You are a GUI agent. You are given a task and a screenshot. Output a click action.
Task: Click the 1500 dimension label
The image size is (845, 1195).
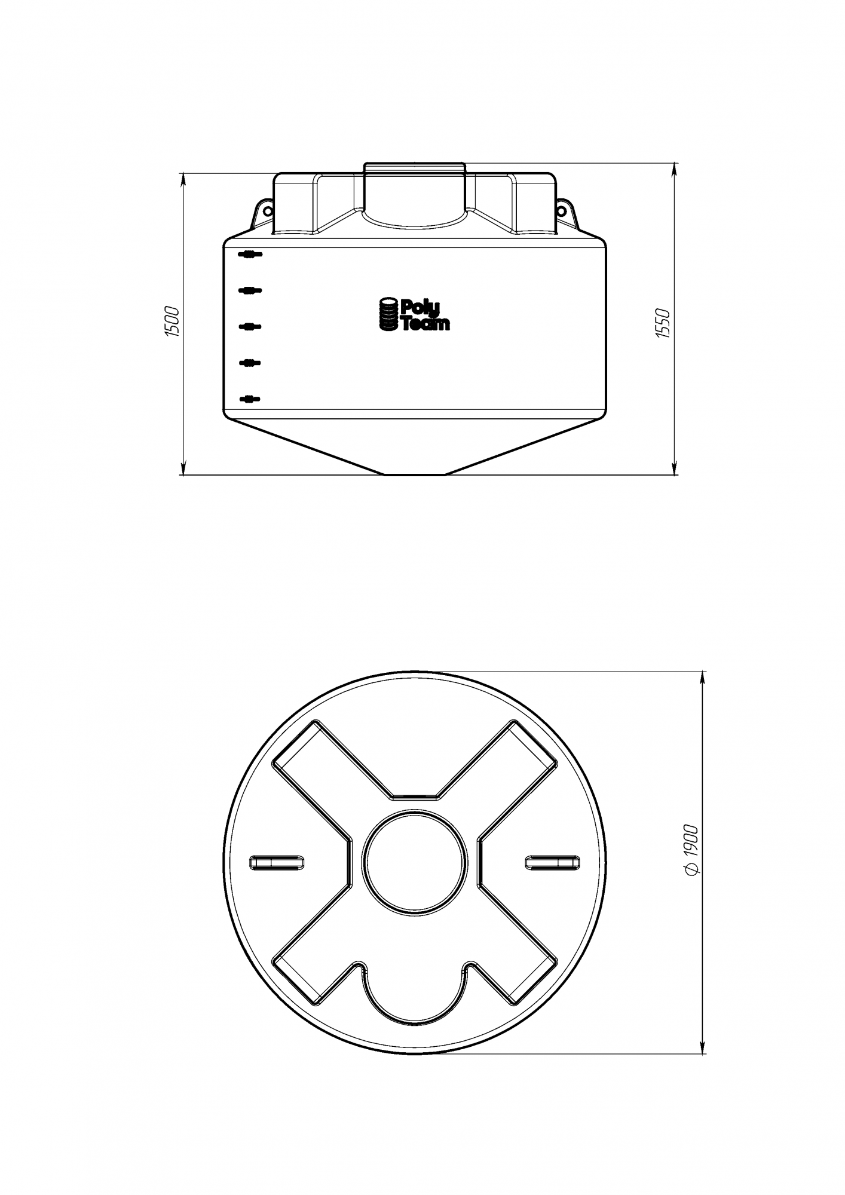tap(172, 323)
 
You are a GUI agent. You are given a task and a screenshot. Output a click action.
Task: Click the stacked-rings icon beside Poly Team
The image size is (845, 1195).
tap(389, 314)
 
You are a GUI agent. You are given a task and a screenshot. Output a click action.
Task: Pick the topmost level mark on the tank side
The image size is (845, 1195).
tap(250, 255)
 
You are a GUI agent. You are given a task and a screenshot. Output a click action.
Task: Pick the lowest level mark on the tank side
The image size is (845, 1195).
tap(250, 399)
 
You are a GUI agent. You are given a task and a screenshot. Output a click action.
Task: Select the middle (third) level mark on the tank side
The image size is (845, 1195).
tap(250, 327)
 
